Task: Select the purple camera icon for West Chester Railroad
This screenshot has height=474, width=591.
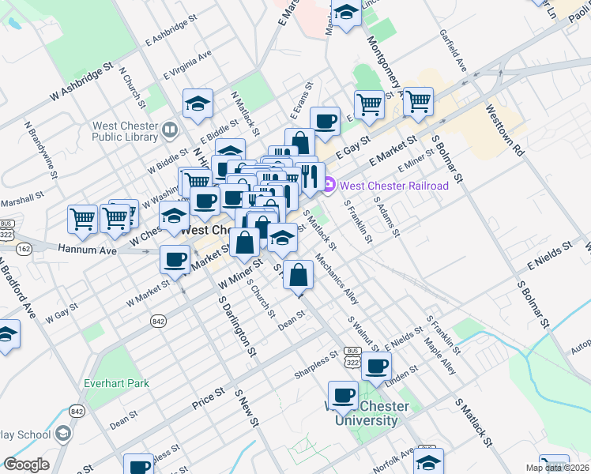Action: point(329,186)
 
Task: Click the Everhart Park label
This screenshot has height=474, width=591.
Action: point(116,384)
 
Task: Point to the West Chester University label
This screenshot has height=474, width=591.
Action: point(368,413)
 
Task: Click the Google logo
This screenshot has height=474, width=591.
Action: point(25,465)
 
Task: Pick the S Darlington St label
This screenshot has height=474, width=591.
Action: point(239,325)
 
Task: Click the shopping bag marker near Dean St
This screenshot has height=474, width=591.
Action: point(297,276)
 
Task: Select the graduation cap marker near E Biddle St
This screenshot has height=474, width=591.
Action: point(197,103)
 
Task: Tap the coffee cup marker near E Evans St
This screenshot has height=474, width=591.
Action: point(324,121)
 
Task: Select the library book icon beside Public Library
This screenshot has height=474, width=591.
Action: point(169,128)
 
